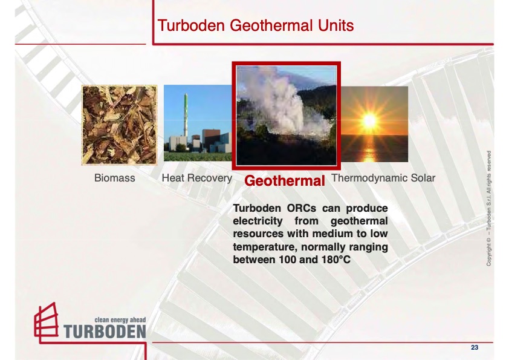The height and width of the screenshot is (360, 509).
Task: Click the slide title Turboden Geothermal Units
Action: coord(256,25)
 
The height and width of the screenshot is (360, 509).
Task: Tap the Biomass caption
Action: coord(115,178)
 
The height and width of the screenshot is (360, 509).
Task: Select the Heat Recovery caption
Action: coord(196,178)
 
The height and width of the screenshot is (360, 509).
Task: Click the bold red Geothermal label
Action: coord(285,181)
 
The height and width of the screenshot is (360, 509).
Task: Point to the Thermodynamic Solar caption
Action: coord(383,178)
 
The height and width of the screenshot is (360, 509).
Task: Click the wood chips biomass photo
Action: coord(120,125)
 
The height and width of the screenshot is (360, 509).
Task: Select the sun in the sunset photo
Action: coord(369,120)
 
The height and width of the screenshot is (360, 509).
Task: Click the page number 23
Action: coord(475,347)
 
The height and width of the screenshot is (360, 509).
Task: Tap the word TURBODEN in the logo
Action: coord(105,332)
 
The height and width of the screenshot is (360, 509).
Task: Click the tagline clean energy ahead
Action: coord(120,319)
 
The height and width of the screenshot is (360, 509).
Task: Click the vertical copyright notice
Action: coord(488,208)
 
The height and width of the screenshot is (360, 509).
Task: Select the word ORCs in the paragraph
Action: coord(302,208)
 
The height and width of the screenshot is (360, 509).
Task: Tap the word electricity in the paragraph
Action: coord(258,221)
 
